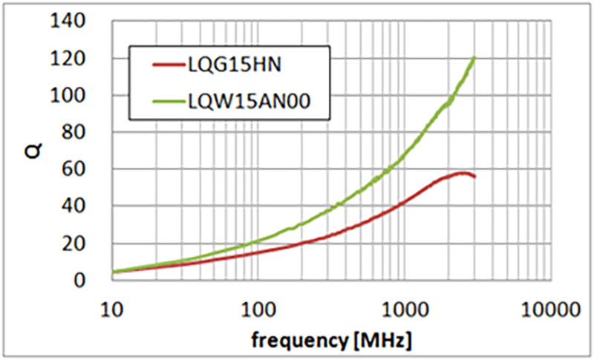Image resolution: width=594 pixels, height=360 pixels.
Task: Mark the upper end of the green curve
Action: pyautogui.click(x=474, y=58)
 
